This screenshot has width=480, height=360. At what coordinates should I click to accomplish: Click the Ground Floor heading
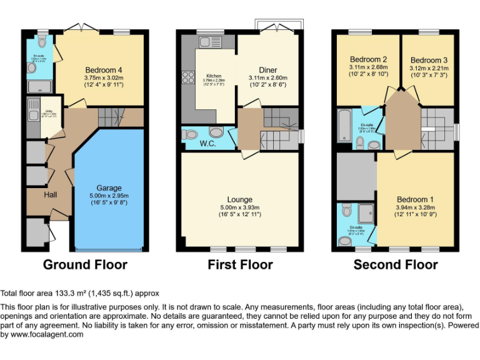[85, 264]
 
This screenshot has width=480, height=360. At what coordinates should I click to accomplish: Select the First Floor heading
[240, 264]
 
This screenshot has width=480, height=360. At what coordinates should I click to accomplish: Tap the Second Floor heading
[396, 264]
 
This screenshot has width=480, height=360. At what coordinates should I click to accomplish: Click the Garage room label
[109, 187]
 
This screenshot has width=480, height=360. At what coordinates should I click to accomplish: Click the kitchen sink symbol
[207, 42]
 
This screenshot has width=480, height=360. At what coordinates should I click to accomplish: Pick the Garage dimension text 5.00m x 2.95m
[109, 196]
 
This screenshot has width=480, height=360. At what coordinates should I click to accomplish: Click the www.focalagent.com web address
[48, 334]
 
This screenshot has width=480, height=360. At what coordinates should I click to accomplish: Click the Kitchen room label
[214, 77]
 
